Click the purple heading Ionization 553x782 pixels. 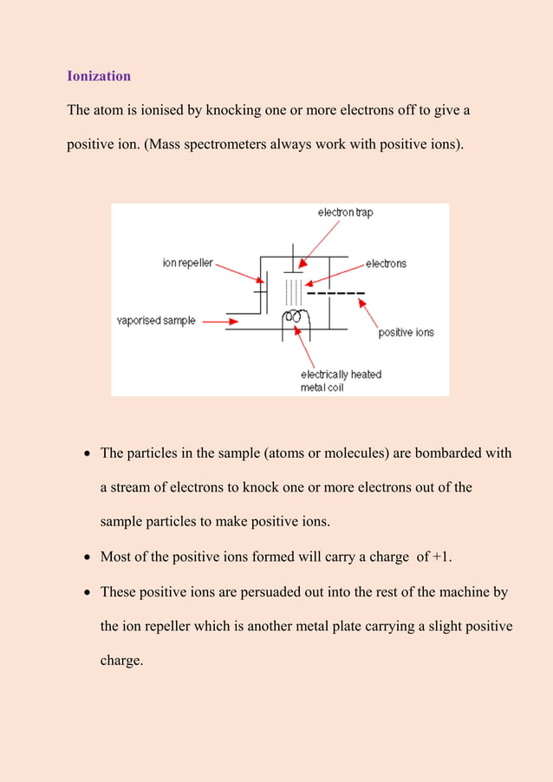click(99, 76)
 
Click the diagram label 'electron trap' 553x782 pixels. click(345, 212)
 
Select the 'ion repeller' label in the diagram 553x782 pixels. click(187, 263)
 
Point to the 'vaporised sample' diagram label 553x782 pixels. click(156, 321)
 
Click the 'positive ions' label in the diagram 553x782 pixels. click(406, 332)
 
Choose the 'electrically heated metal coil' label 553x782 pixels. click(341, 380)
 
